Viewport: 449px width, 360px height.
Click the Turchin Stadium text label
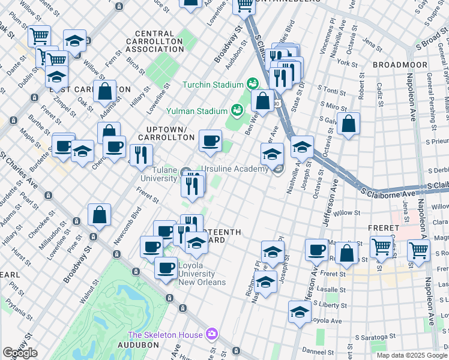click(x=212, y=85)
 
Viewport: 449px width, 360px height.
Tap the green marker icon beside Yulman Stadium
click(x=238, y=110)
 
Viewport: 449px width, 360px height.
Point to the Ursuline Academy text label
click(x=234, y=169)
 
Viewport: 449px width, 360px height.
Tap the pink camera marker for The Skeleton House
click(x=211, y=334)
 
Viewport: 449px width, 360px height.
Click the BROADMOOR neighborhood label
click(x=400, y=65)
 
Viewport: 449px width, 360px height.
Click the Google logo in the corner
click(x=20, y=353)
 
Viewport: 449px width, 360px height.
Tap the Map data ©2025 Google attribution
click(x=412, y=355)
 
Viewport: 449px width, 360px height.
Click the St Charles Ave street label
click(x=20, y=170)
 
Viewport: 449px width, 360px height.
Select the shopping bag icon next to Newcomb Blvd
click(x=100, y=215)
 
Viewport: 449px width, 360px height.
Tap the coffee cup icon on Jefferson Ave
click(x=316, y=250)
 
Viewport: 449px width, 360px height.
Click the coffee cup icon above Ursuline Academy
click(x=210, y=141)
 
